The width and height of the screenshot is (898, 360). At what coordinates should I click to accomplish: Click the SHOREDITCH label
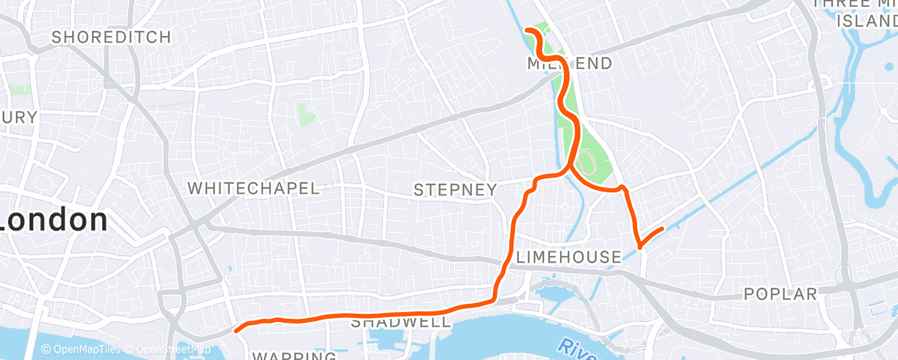click(x=111, y=37)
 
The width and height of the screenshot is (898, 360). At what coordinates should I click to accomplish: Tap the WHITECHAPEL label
click(x=253, y=188)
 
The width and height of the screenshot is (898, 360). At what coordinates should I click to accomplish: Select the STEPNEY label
click(x=455, y=191)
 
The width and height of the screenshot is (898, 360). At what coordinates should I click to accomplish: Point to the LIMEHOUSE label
click(x=568, y=258)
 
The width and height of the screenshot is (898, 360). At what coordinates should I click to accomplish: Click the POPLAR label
click(x=780, y=294)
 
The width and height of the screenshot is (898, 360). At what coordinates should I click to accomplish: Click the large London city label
click(x=54, y=221)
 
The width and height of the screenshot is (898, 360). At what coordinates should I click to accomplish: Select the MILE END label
click(x=558, y=64)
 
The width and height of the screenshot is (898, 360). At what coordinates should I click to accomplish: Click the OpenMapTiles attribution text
click(x=87, y=349)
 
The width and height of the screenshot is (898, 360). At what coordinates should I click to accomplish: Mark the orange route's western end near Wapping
click(x=237, y=329)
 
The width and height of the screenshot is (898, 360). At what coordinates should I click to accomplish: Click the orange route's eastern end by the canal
click(x=662, y=229)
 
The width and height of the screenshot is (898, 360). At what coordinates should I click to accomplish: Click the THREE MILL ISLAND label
click(x=858, y=12)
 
